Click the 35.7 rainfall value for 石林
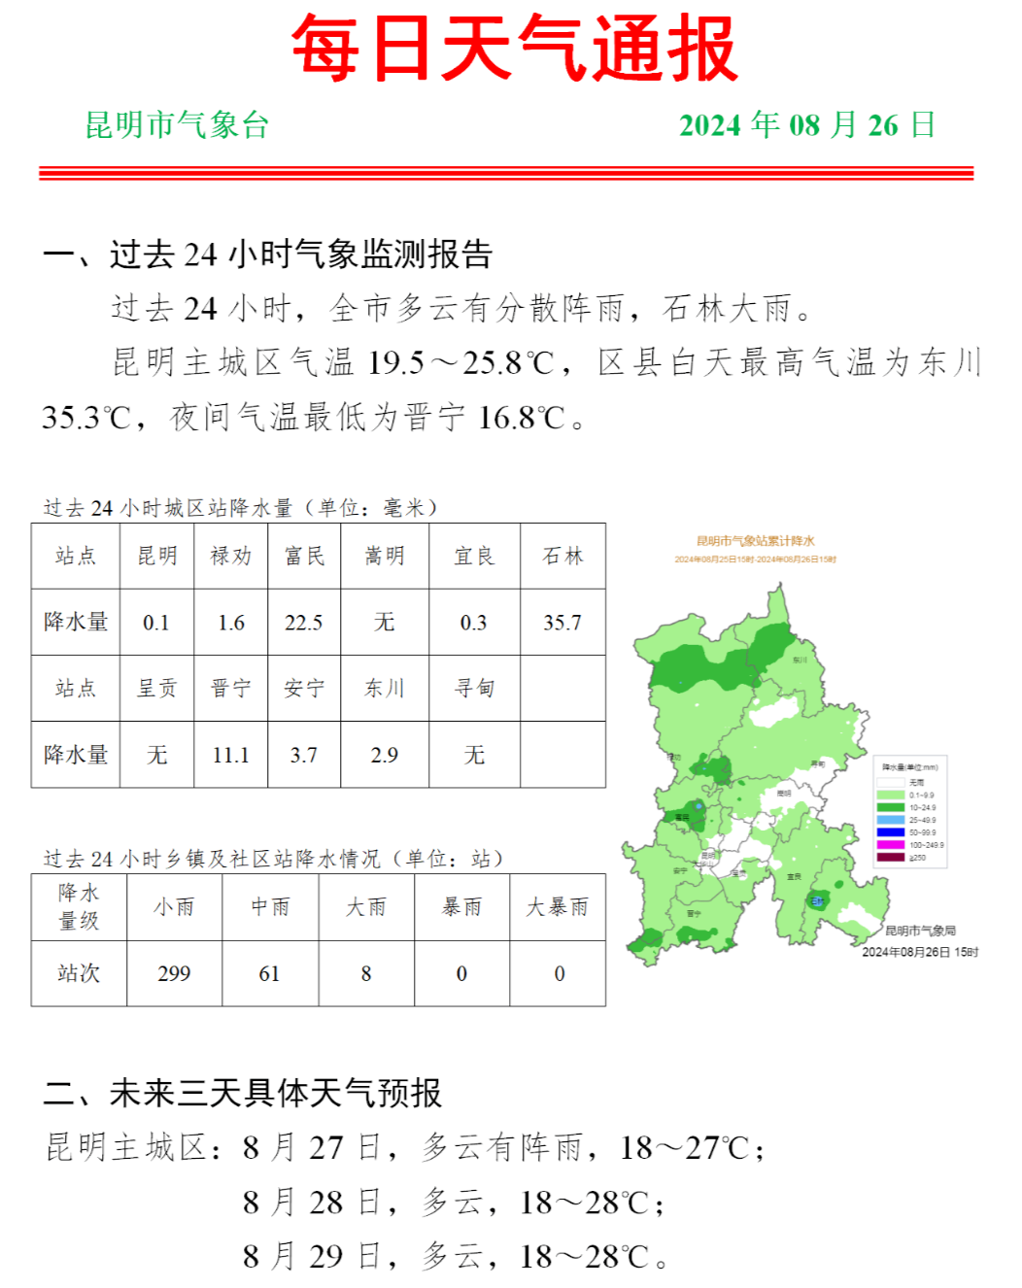coord(562,623)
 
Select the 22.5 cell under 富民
coord(303,623)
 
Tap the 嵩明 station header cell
coord(385,556)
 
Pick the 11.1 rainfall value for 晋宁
coord(230,755)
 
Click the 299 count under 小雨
coord(174,973)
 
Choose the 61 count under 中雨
coord(269,973)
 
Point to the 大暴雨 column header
coord(558,907)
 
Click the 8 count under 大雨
coord(366,973)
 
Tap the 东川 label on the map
coord(800,661)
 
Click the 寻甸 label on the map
coord(817,764)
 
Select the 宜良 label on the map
coord(794,876)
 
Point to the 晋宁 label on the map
coord(694,914)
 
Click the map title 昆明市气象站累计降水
coord(755,541)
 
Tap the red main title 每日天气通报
coord(514,49)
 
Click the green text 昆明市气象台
coord(177,125)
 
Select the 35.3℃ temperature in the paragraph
coord(85,418)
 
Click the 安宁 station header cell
coord(303,689)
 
